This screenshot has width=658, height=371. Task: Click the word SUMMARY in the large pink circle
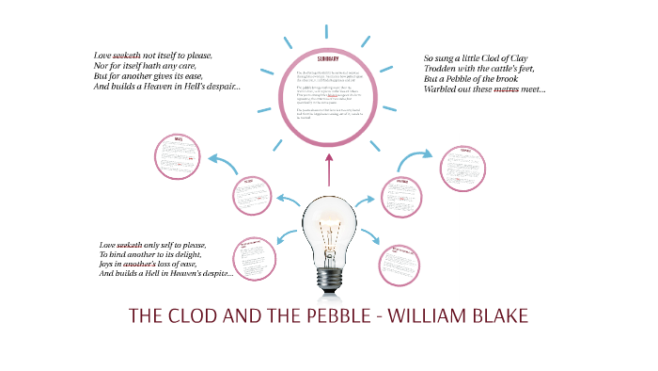click(x=328, y=59)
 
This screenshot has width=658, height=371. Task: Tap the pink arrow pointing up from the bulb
click(x=329, y=173)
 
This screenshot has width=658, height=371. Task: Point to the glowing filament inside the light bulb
click(x=330, y=220)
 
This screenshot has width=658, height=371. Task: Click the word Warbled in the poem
click(x=446, y=90)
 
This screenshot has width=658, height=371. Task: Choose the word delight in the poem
click(x=207, y=255)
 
